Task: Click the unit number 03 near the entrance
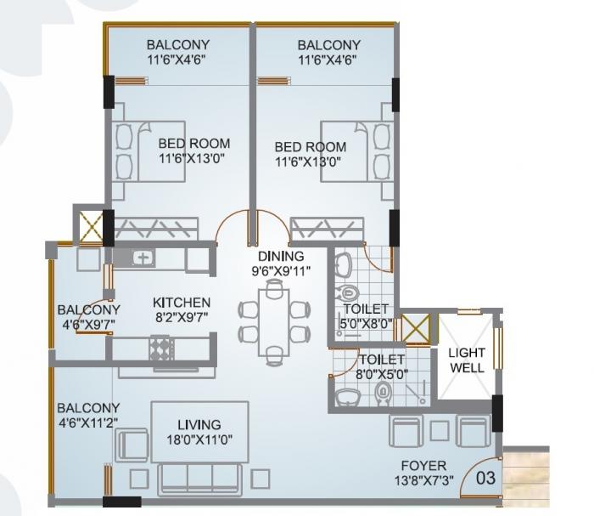tap(485, 478)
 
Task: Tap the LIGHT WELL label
tap(467, 360)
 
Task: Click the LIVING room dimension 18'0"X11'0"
tap(199, 439)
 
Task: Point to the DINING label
tap(282, 256)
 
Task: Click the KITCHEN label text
tap(182, 303)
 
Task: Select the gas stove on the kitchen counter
tap(160, 348)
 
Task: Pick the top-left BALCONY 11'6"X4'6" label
tap(177, 52)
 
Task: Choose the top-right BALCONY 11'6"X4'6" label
tap(328, 52)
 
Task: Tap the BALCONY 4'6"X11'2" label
tap(88, 415)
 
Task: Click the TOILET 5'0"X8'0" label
tap(366, 315)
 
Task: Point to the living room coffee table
tap(199, 431)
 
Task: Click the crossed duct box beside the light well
tap(416, 329)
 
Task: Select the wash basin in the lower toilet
tap(348, 395)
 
